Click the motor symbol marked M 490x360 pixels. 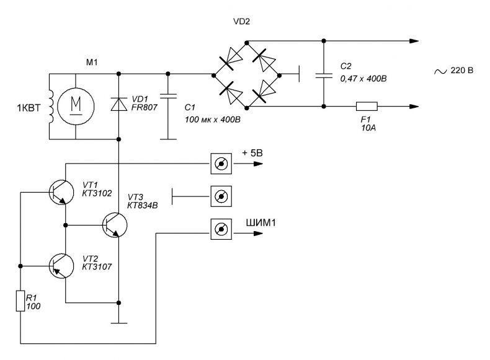76,106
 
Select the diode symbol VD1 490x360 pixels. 118,104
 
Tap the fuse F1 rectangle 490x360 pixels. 367,107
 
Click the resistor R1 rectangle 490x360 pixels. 20,301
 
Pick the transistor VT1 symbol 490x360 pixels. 61,192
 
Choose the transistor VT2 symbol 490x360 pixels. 61,266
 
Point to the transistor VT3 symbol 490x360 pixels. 115,225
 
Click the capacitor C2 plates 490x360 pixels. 324,75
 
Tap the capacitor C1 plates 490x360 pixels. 168,95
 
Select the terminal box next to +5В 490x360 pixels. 221,164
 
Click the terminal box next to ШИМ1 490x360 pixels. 221,229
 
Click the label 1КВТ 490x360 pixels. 29,108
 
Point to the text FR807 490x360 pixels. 144,107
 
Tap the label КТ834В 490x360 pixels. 142,205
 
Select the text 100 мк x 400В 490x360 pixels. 213,120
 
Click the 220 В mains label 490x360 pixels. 461,71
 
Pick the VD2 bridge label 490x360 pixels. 241,22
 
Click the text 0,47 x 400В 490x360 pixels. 363,78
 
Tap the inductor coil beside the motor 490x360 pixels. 51,106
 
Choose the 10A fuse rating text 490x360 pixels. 368,128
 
